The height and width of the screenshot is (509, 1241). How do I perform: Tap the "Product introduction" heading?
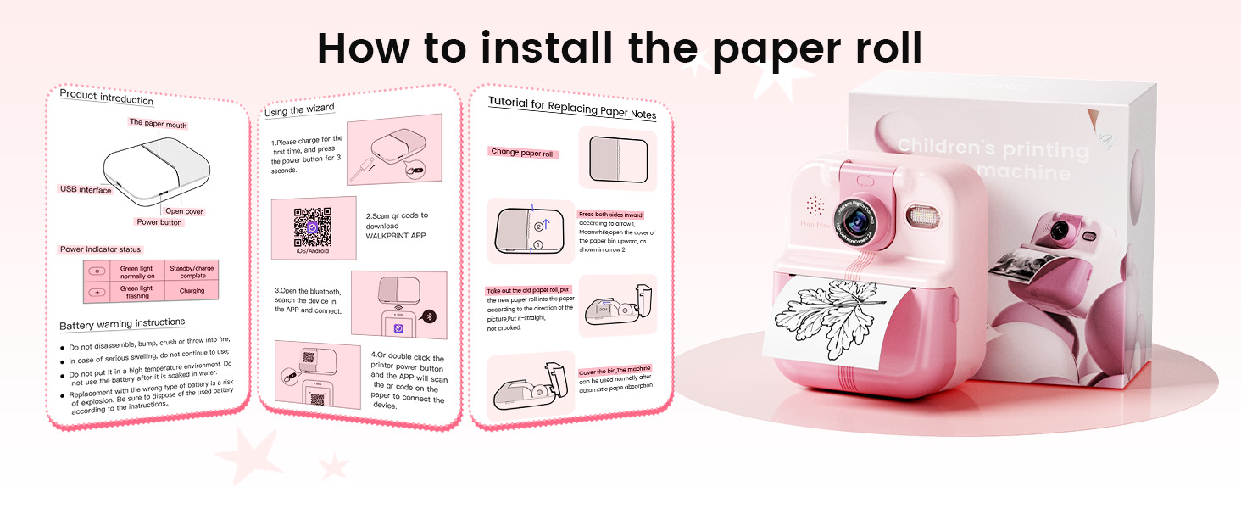(106, 98)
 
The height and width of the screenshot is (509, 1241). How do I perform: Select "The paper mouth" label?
(158, 124)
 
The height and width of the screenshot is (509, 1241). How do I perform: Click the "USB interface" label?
(85, 190)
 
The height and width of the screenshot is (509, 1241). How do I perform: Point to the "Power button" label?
(159, 222)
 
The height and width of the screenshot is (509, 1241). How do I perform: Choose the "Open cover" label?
(184, 211)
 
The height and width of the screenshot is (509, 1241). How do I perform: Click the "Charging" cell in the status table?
(192, 291)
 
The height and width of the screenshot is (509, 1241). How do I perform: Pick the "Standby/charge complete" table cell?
(192, 271)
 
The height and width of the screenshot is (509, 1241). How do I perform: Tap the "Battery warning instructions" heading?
(122, 323)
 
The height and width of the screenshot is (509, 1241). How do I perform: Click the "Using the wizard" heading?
(299, 110)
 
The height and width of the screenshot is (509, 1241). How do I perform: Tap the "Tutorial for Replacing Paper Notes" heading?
(572, 109)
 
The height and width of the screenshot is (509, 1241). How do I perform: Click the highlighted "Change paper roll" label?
(522, 154)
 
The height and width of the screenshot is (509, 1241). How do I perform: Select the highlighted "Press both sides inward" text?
(609, 215)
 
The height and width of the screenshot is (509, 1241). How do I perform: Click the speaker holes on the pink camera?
(815, 206)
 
